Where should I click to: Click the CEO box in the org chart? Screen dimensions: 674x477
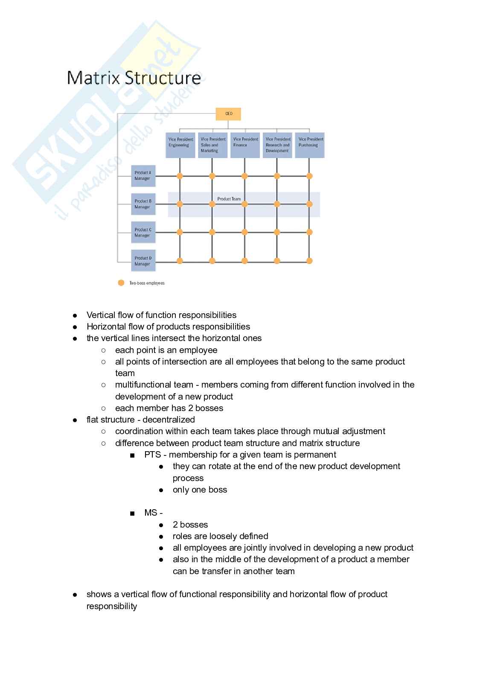(x=229, y=114)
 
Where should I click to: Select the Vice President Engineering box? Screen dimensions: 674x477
(x=180, y=145)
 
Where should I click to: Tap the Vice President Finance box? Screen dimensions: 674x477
(x=245, y=145)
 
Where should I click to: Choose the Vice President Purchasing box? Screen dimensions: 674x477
(x=310, y=145)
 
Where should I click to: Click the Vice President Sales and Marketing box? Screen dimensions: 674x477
(x=212, y=145)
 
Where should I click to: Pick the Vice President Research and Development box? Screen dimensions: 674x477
(x=277, y=145)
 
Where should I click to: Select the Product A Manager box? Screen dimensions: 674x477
(x=143, y=176)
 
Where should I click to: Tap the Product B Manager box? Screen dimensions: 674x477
(x=143, y=204)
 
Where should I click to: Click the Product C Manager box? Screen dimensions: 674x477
(x=143, y=233)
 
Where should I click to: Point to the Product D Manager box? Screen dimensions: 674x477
(x=143, y=261)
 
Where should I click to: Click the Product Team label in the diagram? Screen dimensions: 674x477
(x=229, y=199)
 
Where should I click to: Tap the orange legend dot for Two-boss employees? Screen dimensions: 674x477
(x=121, y=283)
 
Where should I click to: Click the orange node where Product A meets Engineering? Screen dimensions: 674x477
(x=180, y=176)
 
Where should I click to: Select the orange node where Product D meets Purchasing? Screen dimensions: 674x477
(x=310, y=261)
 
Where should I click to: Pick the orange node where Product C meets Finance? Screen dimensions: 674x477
(x=244, y=232)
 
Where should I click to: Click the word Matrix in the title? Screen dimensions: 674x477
(x=93, y=78)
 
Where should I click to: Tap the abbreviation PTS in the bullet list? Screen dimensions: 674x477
(x=152, y=455)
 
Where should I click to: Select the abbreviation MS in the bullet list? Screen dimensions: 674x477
(x=151, y=513)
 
